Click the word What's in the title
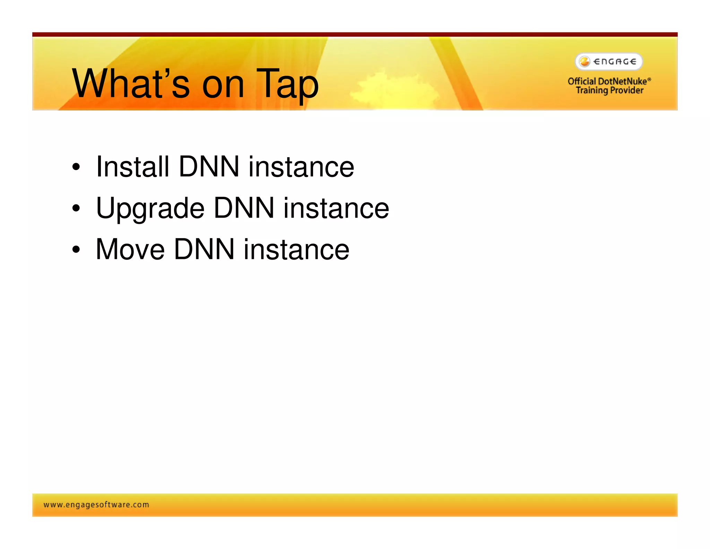pos(131,84)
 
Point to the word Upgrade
pos(150,209)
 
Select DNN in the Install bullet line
pos(209,167)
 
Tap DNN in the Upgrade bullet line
pos(244,209)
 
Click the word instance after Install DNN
pos(301,167)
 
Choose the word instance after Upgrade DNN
pos(336,209)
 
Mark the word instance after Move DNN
pos(296,250)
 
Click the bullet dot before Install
pos(76,168)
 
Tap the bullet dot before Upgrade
pos(76,209)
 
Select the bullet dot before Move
pos(76,250)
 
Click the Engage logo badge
pos(609,62)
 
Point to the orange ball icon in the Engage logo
pos(585,62)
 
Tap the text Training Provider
pos(609,91)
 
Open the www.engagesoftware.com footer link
pos(96,505)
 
